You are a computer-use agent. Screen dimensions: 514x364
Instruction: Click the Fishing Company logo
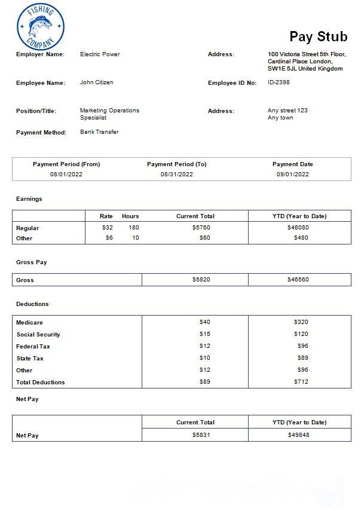click(40, 27)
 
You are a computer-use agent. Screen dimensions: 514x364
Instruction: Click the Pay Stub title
click(318, 37)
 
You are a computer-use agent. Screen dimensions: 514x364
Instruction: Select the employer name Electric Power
click(100, 54)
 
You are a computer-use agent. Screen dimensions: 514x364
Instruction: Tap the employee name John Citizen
click(96, 82)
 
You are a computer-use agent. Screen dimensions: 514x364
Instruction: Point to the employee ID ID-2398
click(279, 82)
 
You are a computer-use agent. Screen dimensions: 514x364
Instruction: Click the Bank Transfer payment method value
click(99, 132)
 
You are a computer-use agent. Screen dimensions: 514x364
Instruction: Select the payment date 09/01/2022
click(292, 175)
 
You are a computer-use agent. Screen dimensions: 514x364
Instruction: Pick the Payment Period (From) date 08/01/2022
click(66, 175)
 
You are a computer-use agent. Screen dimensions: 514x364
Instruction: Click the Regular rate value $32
click(107, 228)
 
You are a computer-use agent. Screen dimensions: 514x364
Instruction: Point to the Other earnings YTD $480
click(301, 238)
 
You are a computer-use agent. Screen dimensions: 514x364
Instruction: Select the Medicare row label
click(29, 323)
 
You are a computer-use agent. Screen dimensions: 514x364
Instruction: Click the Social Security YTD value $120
click(301, 334)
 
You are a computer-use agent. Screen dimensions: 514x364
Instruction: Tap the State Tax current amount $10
click(204, 358)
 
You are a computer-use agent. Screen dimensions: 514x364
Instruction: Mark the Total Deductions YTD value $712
click(301, 382)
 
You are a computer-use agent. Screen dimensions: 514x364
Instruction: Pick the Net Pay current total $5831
click(201, 435)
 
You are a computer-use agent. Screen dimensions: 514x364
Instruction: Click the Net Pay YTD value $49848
click(298, 435)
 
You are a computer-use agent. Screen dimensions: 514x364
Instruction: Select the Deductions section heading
click(32, 304)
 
